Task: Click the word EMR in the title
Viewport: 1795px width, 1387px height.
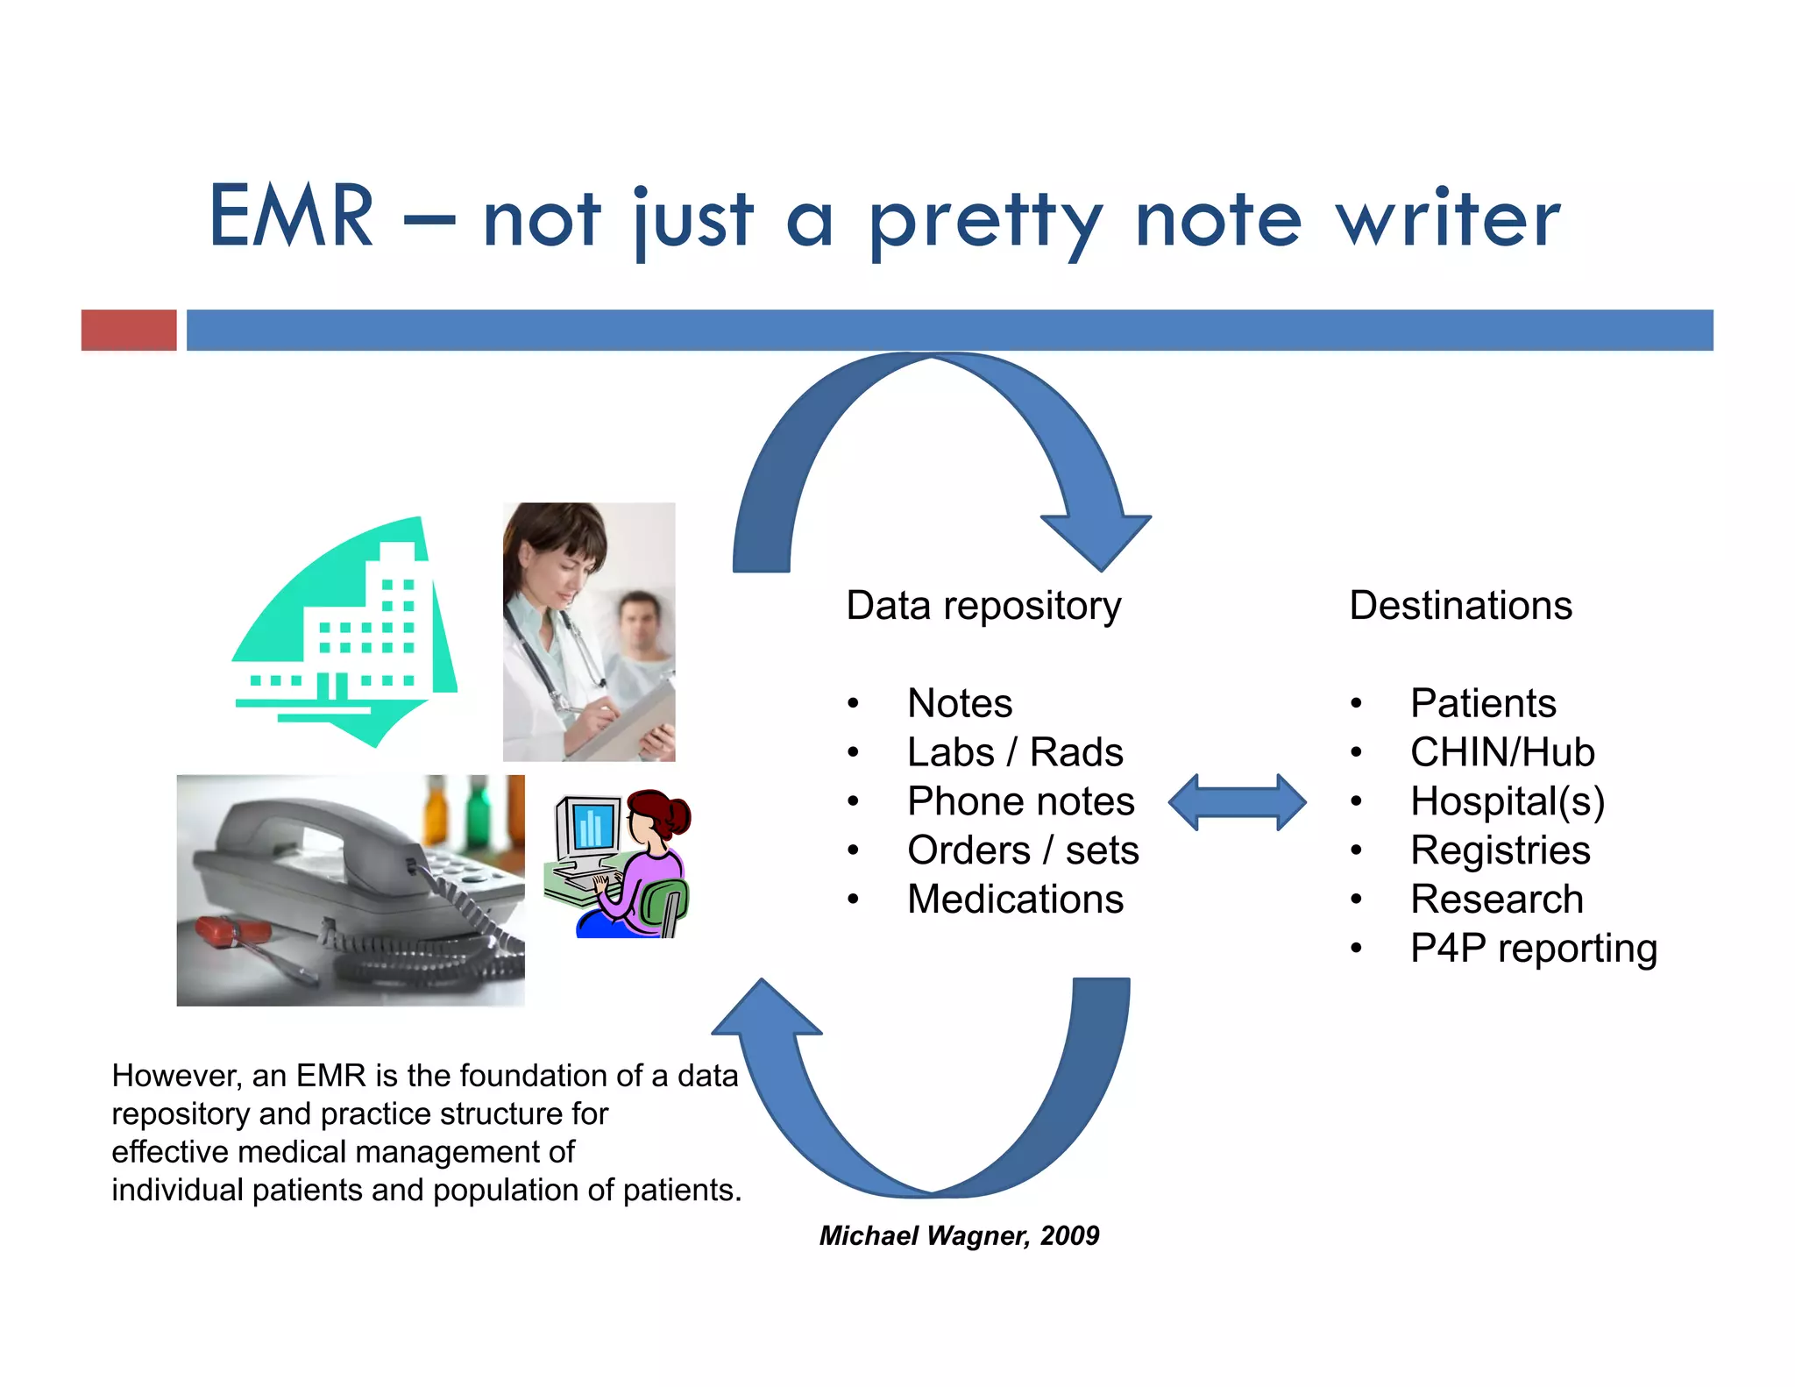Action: click(292, 217)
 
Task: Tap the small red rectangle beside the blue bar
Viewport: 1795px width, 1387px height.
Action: click(129, 331)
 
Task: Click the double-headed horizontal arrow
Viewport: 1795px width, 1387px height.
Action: click(1237, 802)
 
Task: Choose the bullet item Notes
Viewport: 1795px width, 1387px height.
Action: click(960, 703)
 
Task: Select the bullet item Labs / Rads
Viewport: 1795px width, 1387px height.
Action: click(1014, 752)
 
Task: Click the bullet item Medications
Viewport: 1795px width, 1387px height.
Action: click(1015, 900)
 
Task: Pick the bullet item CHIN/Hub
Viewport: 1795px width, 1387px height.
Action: click(1501, 752)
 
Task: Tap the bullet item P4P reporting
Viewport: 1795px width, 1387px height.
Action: click(1533, 949)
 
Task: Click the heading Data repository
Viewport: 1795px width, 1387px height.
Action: click(983, 606)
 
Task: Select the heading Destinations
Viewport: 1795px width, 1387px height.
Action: click(1460, 606)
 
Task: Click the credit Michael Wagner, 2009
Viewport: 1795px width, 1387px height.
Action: click(959, 1235)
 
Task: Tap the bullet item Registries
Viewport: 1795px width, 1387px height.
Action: click(1500, 850)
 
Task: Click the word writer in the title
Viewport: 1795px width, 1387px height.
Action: click(1447, 219)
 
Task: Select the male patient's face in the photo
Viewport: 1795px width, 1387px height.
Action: click(639, 619)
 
